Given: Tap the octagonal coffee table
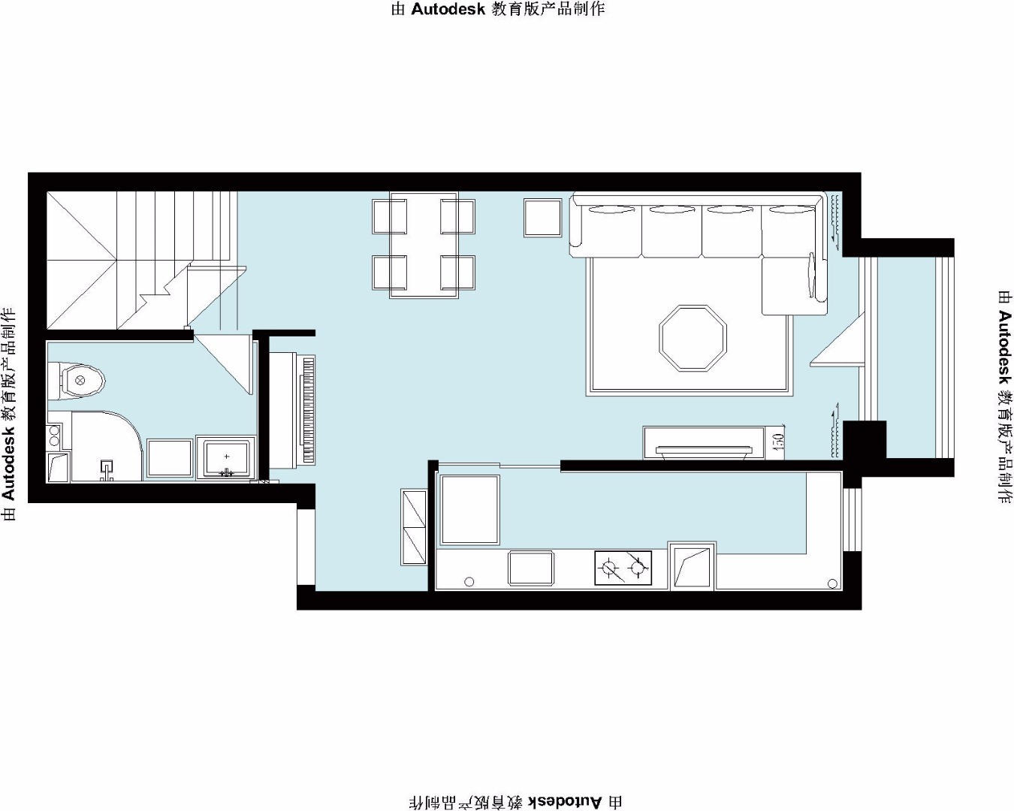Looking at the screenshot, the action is point(693,339).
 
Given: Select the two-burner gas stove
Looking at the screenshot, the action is point(623,568).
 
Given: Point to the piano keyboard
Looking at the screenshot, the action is point(309,410).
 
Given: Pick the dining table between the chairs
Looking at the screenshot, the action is point(424,245).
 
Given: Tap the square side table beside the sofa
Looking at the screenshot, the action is point(543,218).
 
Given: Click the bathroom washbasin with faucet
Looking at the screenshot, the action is point(226,457).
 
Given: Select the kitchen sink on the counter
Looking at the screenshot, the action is point(530,568).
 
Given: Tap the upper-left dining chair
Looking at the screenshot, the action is point(389,216).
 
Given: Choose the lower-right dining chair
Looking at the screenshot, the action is point(458,273).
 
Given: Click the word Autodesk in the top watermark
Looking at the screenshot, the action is point(448,9).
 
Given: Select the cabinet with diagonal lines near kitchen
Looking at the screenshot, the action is point(414,527).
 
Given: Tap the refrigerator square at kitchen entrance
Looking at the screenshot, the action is point(469,509).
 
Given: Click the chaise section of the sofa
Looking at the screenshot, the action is point(795,285).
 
